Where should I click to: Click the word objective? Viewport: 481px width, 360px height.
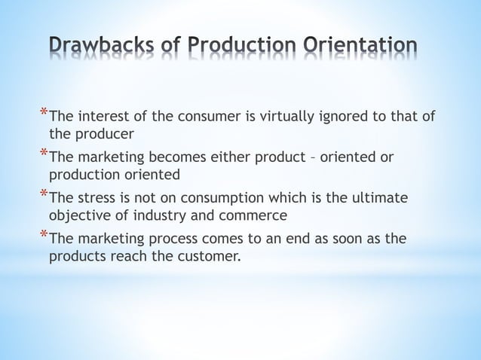pos(77,216)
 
